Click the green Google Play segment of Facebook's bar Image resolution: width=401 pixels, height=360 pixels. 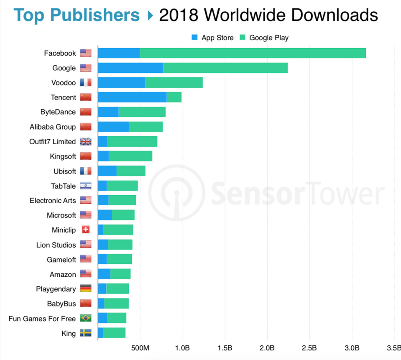click(x=253, y=53)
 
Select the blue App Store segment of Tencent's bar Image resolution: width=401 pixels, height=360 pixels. click(x=132, y=97)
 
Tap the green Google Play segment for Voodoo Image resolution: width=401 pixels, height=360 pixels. click(x=174, y=83)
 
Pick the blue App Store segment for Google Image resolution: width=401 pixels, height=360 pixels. click(x=130, y=68)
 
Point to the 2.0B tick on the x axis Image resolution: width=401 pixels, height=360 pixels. click(x=267, y=348)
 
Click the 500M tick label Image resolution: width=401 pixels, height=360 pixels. click(x=140, y=348)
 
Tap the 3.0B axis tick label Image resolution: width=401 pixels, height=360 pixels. click(x=352, y=348)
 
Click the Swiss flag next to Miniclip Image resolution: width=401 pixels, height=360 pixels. click(x=86, y=230)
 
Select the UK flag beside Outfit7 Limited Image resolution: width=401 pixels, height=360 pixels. click(x=86, y=142)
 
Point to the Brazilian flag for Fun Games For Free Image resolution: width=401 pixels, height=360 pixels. click(x=86, y=319)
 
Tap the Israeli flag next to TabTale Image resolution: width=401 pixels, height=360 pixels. click(x=86, y=186)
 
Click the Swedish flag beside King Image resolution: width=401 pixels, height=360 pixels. click(x=86, y=333)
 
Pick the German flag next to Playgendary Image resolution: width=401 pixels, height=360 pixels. click(x=86, y=289)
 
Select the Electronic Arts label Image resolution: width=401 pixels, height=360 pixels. click(x=53, y=201)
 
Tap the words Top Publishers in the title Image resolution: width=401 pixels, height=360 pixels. click(x=77, y=15)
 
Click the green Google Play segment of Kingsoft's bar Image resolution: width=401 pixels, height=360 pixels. click(x=130, y=156)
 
